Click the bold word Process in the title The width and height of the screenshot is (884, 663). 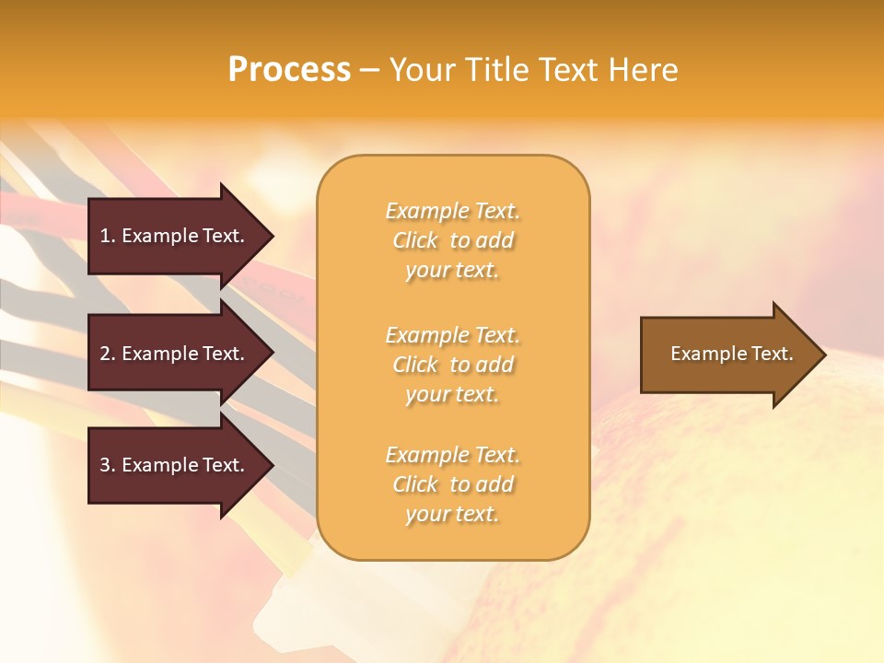(289, 70)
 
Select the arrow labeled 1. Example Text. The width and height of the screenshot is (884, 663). (175, 236)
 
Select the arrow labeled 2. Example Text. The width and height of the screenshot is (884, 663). (175, 354)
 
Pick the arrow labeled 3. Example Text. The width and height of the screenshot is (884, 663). (175, 465)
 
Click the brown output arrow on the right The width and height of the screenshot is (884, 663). (727, 355)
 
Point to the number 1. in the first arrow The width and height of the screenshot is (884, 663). (108, 236)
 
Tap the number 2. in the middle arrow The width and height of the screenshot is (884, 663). (108, 354)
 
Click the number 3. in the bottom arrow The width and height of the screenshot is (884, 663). (108, 465)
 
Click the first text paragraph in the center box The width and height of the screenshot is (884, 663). (452, 240)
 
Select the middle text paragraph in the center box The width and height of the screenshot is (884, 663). (452, 365)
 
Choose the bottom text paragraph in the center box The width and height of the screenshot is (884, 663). (452, 484)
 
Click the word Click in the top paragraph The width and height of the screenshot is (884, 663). (415, 240)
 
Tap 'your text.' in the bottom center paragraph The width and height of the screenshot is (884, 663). (452, 515)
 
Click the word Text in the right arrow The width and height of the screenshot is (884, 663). (772, 354)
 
